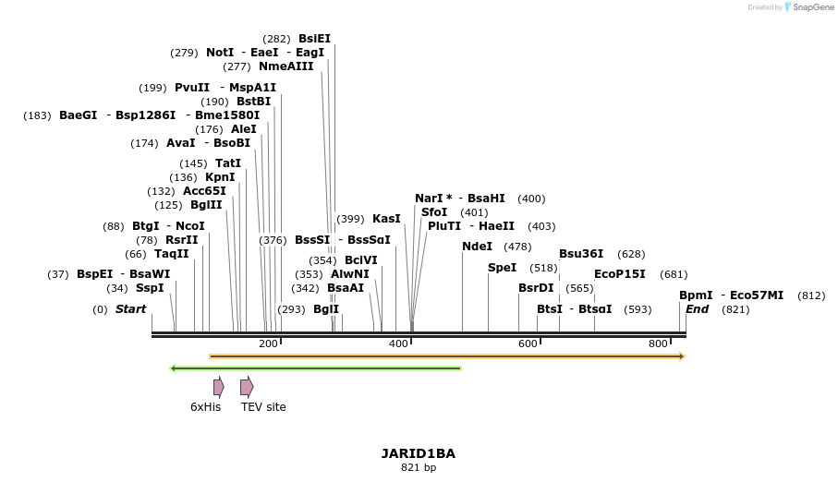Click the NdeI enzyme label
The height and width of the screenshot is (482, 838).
[x=477, y=247]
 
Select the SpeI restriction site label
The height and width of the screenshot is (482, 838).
[x=502, y=268]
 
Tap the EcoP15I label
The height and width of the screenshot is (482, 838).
[x=619, y=274]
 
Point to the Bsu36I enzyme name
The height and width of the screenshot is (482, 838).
[x=581, y=254]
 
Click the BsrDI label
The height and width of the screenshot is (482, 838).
[x=536, y=288]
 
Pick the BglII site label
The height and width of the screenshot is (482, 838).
[x=206, y=205]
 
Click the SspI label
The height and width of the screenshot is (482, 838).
[x=150, y=288]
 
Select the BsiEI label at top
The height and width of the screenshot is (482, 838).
[x=314, y=39]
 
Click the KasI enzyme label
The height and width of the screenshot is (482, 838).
[x=386, y=219]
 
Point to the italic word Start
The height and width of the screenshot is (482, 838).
[x=130, y=309]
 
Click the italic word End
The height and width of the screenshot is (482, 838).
[x=697, y=309]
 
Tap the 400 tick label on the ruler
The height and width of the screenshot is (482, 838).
[x=398, y=344]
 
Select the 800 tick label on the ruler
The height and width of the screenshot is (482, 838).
[x=658, y=344]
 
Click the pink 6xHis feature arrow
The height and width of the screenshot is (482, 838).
[x=218, y=387]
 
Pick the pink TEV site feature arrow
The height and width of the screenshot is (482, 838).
[x=247, y=387]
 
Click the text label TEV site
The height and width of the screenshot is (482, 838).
[x=263, y=407]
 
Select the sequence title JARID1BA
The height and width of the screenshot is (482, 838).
[x=418, y=453]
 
